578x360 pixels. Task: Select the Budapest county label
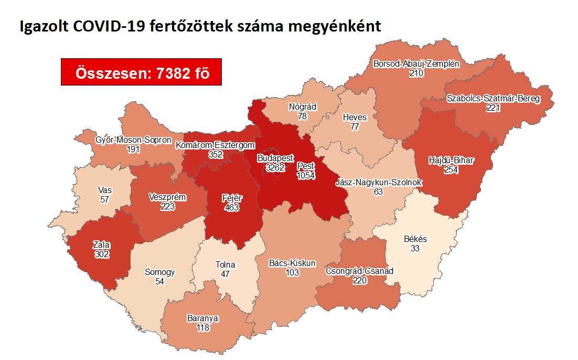[275, 158]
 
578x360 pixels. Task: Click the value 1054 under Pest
[305, 176]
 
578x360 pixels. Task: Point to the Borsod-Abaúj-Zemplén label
[416, 65]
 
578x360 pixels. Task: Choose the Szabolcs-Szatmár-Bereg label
[493, 99]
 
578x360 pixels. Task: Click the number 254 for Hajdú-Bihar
[451, 170]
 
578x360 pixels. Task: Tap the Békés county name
[415, 239]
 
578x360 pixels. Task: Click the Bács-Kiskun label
[292, 263]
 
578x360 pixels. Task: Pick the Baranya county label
[202, 319]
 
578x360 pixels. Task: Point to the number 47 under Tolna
[226, 274]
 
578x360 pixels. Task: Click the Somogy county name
[160, 272]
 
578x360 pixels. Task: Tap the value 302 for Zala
[101, 253]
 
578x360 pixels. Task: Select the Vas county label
[104, 190]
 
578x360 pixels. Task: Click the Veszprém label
[169, 197]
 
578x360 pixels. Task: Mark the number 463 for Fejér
[231, 207]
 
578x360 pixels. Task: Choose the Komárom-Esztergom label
[215, 145]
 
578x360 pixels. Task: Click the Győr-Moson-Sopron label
[133, 140]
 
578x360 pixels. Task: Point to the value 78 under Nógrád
[302, 116]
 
